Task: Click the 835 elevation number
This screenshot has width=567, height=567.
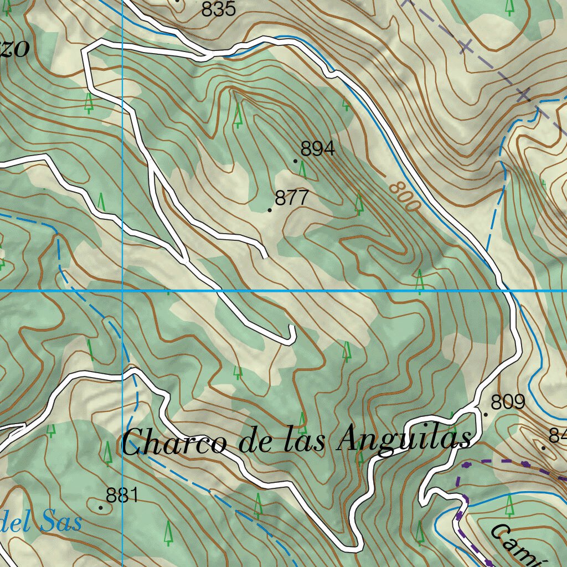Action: point(219,9)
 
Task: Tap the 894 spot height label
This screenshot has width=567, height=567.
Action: point(318,148)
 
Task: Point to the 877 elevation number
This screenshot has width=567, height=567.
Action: point(291,198)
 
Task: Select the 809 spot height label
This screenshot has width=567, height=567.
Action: point(508,402)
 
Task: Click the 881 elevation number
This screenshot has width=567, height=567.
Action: point(122,496)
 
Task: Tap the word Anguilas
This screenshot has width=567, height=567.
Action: point(405,441)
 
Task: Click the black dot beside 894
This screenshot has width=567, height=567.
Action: point(296,161)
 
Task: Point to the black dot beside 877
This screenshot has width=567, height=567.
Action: point(270,210)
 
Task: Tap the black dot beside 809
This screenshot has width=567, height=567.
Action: point(486,414)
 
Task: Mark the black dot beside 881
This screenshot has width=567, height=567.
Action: point(101,507)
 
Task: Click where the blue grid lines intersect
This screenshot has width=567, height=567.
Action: point(122,290)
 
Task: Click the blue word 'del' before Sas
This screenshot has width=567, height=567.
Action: point(17,522)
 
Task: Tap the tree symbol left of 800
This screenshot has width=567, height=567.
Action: point(359,204)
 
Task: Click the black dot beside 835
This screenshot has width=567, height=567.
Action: point(177,1)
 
